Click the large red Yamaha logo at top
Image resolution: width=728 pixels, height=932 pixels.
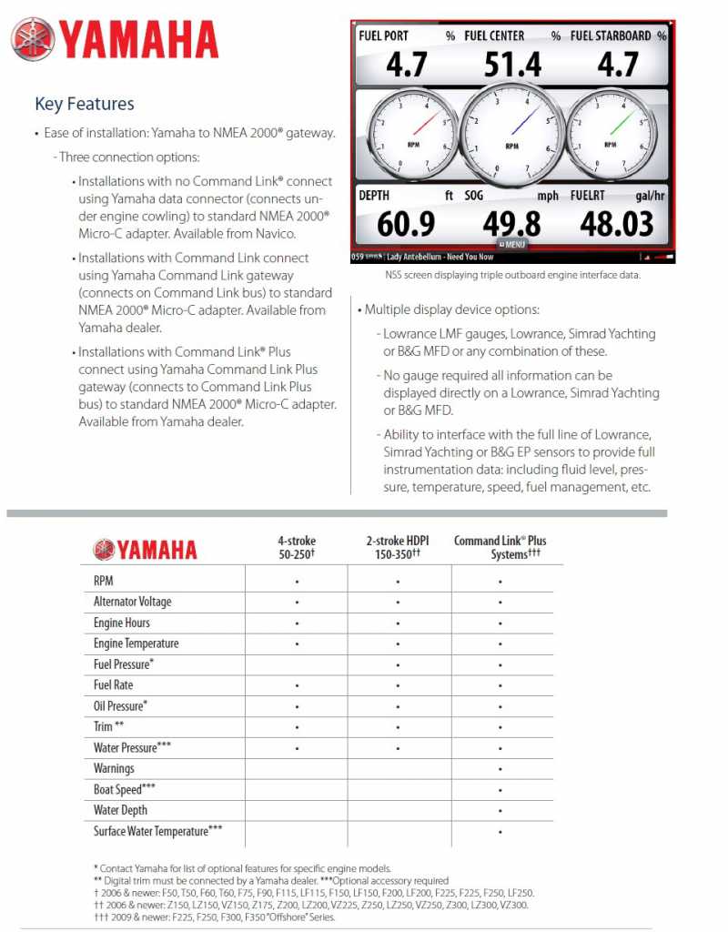click(115, 40)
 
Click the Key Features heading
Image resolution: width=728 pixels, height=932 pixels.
click(84, 104)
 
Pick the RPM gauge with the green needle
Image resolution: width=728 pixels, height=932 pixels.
click(613, 134)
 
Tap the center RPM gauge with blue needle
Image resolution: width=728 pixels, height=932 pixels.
click(512, 134)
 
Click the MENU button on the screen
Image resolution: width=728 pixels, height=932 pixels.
click(512, 244)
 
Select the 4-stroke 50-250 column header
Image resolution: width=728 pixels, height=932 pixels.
click(297, 547)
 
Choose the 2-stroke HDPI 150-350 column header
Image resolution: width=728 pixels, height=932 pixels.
click(398, 547)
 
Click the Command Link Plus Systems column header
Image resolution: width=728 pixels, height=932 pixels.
click(500, 547)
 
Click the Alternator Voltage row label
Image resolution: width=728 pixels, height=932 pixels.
click(132, 602)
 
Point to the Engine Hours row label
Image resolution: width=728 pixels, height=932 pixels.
click(122, 623)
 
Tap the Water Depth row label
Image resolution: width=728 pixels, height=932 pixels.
click(120, 810)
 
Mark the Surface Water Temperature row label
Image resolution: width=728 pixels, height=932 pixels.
click(157, 831)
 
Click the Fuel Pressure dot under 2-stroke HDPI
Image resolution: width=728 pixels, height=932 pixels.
click(398, 664)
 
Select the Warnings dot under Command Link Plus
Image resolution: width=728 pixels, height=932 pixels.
click(500, 769)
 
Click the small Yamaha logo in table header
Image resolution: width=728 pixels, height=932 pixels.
click(145, 549)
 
